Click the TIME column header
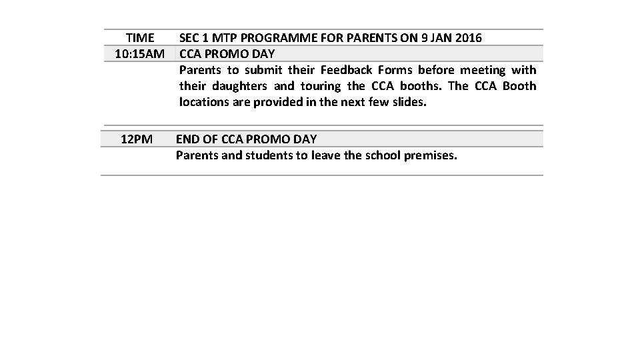[x=140, y=38]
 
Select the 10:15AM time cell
[x=139, y=53]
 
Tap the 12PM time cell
[x=137, y=139]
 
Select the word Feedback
[x=347, y=70]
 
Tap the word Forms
[x=395, y=70]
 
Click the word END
[x=187, y=139]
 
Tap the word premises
[x=431, y=156]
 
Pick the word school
[x=379, y=156]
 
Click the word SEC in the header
[x=190, y=38]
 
